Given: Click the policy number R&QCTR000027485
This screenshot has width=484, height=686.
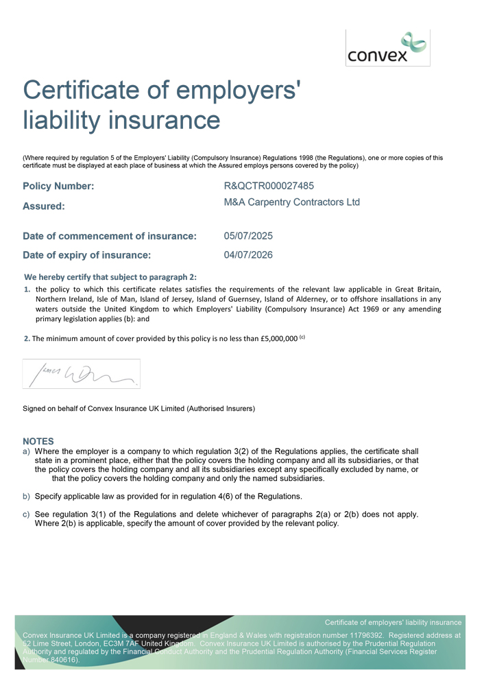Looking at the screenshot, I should pyautogui.click(x=270, y=186).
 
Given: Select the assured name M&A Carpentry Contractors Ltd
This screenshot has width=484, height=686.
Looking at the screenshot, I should pyautogui.click(x=291, y=202).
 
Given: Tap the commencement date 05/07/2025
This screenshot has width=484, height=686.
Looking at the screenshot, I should pyautogui.click(x=248, y=236).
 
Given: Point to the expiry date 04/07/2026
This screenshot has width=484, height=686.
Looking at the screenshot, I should pyautogui.click(x=248, y=255).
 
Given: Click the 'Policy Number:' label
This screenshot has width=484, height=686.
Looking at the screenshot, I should pyautogui.click(x=58, y=186).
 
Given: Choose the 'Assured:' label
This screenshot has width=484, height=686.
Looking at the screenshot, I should pyautogui.click(x=44, y=205).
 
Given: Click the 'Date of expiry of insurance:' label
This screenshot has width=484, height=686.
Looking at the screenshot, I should pyautogui.click(x=86, y=255).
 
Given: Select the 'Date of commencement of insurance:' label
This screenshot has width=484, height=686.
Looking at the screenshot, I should pyautogui.click(x=110, y=236).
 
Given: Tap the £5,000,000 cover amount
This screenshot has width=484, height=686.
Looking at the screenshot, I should pyautogui.click(x=279, y=338).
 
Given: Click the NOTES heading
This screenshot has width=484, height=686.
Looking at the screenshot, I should pyautogui.click(x=38, y=441).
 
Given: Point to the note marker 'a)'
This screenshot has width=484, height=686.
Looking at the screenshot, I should pyautogui.click(x=27, y=451).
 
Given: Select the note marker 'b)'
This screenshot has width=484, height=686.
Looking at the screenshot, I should pyautogui.click(x=27, y=496).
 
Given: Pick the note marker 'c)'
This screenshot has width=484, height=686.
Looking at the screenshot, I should pyautogui.click(x=27, y=514).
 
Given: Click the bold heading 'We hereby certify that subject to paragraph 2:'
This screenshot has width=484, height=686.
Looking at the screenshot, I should pyautogui.click(x=110, y=277).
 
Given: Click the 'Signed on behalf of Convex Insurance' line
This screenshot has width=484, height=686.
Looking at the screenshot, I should pyautogui.click(x=138, y=409).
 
